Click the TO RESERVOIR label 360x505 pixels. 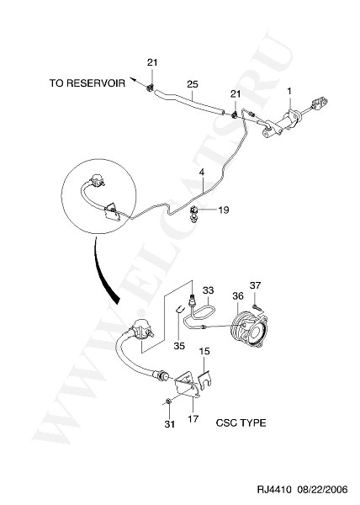87,83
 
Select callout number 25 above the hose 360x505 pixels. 193,84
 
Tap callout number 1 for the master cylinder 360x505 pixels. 289,91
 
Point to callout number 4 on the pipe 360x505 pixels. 201,173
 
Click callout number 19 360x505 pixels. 223,210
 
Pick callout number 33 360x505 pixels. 208,290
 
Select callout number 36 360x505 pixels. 238,295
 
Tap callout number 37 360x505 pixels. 256,285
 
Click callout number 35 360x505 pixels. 179,346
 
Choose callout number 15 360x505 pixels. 204,351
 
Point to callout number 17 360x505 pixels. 193,419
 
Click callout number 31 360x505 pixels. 170,424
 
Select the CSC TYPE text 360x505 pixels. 241,423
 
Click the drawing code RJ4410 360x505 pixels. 274,490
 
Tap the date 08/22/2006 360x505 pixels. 322,490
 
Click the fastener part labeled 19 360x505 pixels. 194,214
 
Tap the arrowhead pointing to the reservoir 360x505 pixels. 131,78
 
